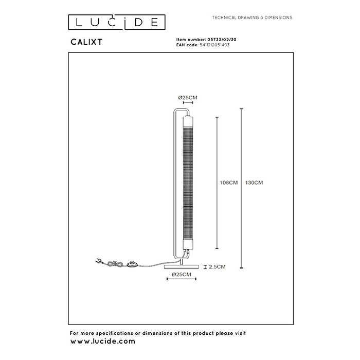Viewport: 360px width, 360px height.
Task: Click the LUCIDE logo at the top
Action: (117, 22)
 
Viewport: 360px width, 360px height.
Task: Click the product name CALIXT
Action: (86, 42)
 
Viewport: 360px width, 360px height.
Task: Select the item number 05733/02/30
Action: (222, 40)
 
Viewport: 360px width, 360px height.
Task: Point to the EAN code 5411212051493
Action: (214, 45)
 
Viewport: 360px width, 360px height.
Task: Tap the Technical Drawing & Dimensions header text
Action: (252, 17)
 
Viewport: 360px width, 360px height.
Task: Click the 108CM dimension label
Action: (229, 183)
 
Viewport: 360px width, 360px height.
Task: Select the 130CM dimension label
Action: (254, 183)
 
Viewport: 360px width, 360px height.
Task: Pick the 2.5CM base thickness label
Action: (217, 267)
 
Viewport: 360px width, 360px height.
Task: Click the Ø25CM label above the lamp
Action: (188, 98)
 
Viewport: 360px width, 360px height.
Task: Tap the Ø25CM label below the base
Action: (182, 274)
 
